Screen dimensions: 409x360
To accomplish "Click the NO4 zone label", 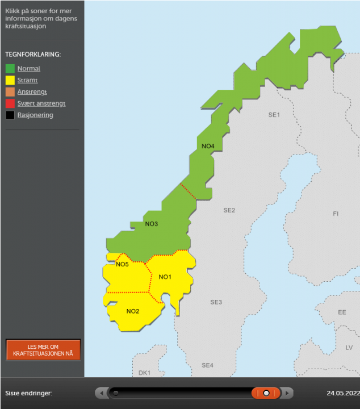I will (208, 147).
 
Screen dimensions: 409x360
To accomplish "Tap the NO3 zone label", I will (152, 224).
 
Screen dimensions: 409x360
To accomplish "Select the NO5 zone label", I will (122, 264).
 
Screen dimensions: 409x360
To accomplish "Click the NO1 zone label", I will (165, 277).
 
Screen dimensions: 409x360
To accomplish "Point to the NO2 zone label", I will (133, 311).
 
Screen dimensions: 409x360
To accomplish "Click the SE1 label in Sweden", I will (274, 115).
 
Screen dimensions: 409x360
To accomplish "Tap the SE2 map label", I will (229, 210).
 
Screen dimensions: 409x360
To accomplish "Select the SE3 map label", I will (216, 302).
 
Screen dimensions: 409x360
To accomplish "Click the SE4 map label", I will (207, 365).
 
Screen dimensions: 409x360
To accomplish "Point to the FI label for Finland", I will (336, 214).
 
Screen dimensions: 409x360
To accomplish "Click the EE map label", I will (342, 313).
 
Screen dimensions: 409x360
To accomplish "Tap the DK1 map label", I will (145, 373).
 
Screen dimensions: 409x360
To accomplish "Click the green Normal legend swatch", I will (10, 69).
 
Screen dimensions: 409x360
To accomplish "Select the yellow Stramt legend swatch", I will (10, 80).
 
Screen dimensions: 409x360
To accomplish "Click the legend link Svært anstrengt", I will (41, 103).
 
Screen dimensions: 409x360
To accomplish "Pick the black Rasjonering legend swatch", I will (10, 115).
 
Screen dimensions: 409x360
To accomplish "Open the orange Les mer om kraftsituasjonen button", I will (43, 350).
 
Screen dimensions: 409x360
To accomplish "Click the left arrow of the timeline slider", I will (101, 393).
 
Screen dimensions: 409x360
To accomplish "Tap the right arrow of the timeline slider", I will (288, 393).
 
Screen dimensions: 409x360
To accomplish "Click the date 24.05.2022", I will (342, 393).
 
